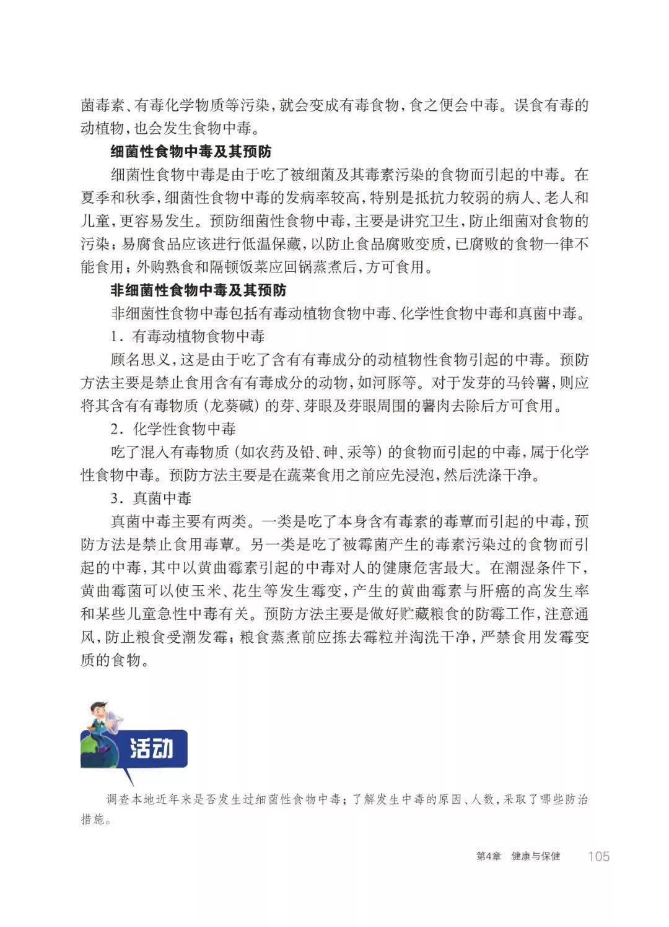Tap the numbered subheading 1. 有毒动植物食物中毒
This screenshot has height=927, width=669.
[188, 336]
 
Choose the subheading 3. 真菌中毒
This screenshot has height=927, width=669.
[151, 498]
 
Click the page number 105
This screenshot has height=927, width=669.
[598, 856]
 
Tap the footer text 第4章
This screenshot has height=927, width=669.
[488, 856]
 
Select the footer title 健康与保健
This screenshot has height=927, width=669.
[536, 856]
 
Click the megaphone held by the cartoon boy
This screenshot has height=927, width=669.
[113, 721]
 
